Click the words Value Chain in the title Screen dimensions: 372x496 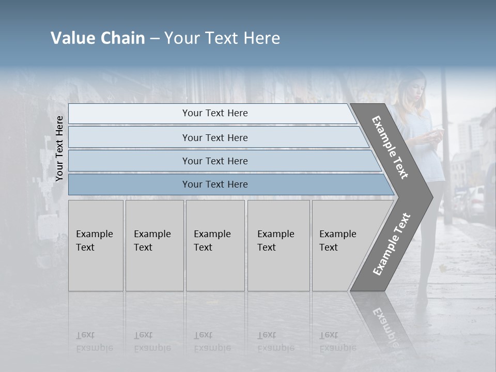pyautogui.click(x=98, y=38)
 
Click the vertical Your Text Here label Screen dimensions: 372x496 pyautogui.click(x=59, y=149)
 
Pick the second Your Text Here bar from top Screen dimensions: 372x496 pyautogui.click(x=214, y=137)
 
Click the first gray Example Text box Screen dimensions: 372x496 pyautogui.click(x=96, y=245)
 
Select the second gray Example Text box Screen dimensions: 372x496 pyautogui.click(x=154, y=245)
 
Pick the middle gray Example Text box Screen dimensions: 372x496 pyautogui.click(x=215, y=245)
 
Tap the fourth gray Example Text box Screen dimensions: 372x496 pyautogui.click(x=278, y=245)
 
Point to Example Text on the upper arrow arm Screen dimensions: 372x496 pyautogui.click(x=391, y=147)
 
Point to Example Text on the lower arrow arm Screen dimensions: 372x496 pyautogui.click(x=392, y=244)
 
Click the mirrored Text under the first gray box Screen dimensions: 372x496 pyautogui.click(x=85, y=335)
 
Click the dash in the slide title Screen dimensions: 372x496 pyautogui.click(x=154, y=39)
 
